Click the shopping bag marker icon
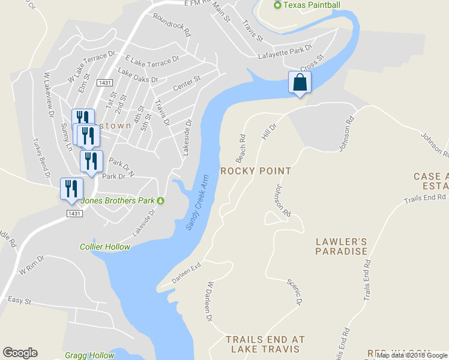pos(300,83)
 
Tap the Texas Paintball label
pos(312,5)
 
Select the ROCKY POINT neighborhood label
pos(256,171)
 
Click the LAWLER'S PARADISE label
pos(342,246)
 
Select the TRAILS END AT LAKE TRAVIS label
pos(266,344)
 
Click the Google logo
pos(20,353)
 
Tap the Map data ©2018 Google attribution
pos(412,355)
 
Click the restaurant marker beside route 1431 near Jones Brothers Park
pos(71,188)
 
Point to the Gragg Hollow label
pos(89,355)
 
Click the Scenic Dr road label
pos(294,290)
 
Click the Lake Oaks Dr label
pos(138,75)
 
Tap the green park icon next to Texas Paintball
pos(277,5)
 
